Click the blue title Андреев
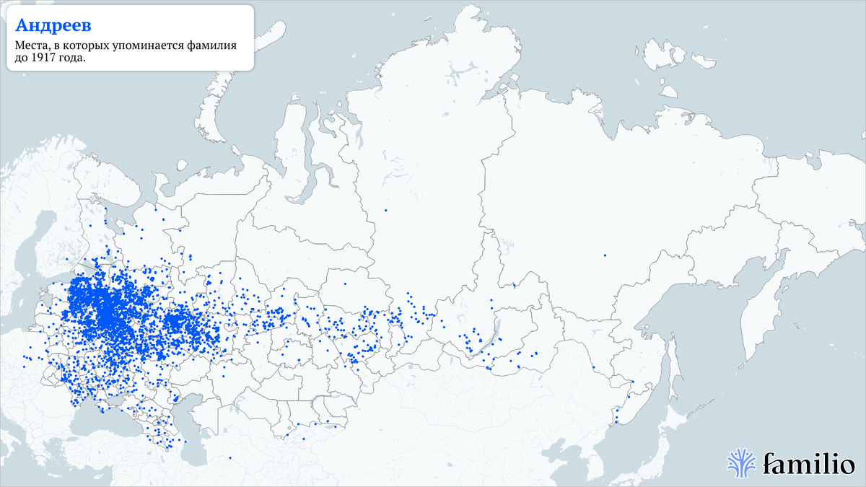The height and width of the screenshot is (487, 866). tap(53, 26)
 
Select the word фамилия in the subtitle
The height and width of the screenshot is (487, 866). tap(211, 46)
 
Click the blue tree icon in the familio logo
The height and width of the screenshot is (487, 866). tap(741, 462)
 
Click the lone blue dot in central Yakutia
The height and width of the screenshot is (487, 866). tap(605, 255)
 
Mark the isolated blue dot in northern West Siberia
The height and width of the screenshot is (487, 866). tap(386, 210)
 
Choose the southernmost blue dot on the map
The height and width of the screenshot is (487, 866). tap(229, 457)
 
